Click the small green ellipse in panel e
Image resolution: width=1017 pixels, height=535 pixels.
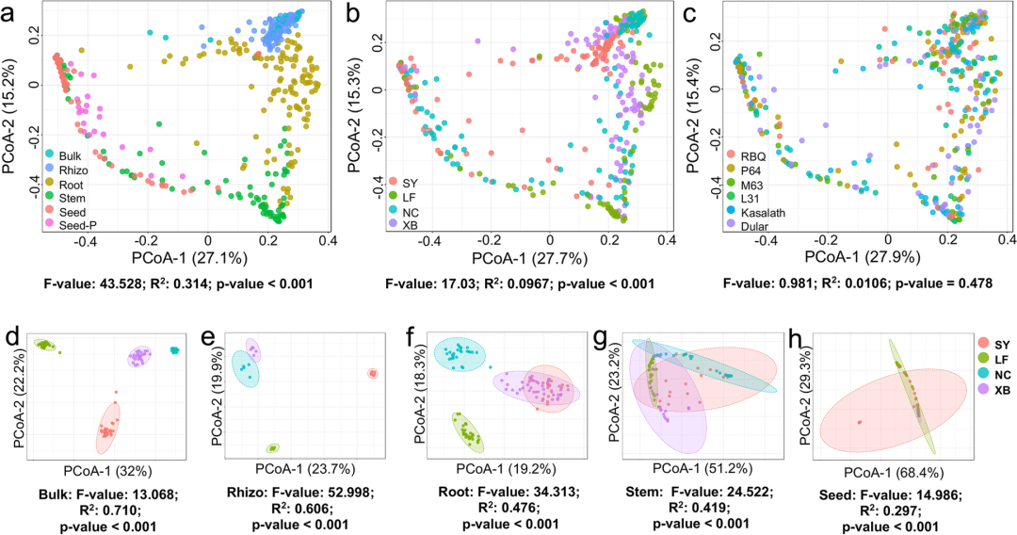tap(273, 447)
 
